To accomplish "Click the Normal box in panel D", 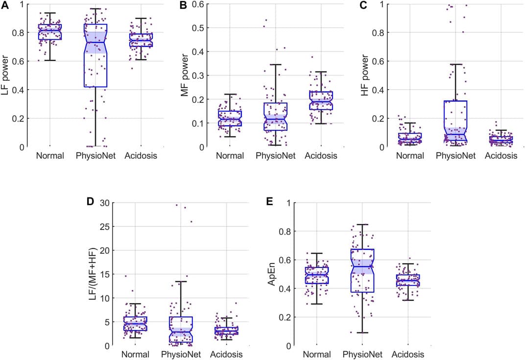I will tap(135, 324).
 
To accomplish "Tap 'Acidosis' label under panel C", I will tap(501, 156).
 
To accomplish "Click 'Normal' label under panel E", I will tap(316, 354).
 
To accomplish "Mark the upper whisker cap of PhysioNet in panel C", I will tap(455, 64).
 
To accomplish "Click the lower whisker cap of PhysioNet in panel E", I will tap(363, 333).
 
